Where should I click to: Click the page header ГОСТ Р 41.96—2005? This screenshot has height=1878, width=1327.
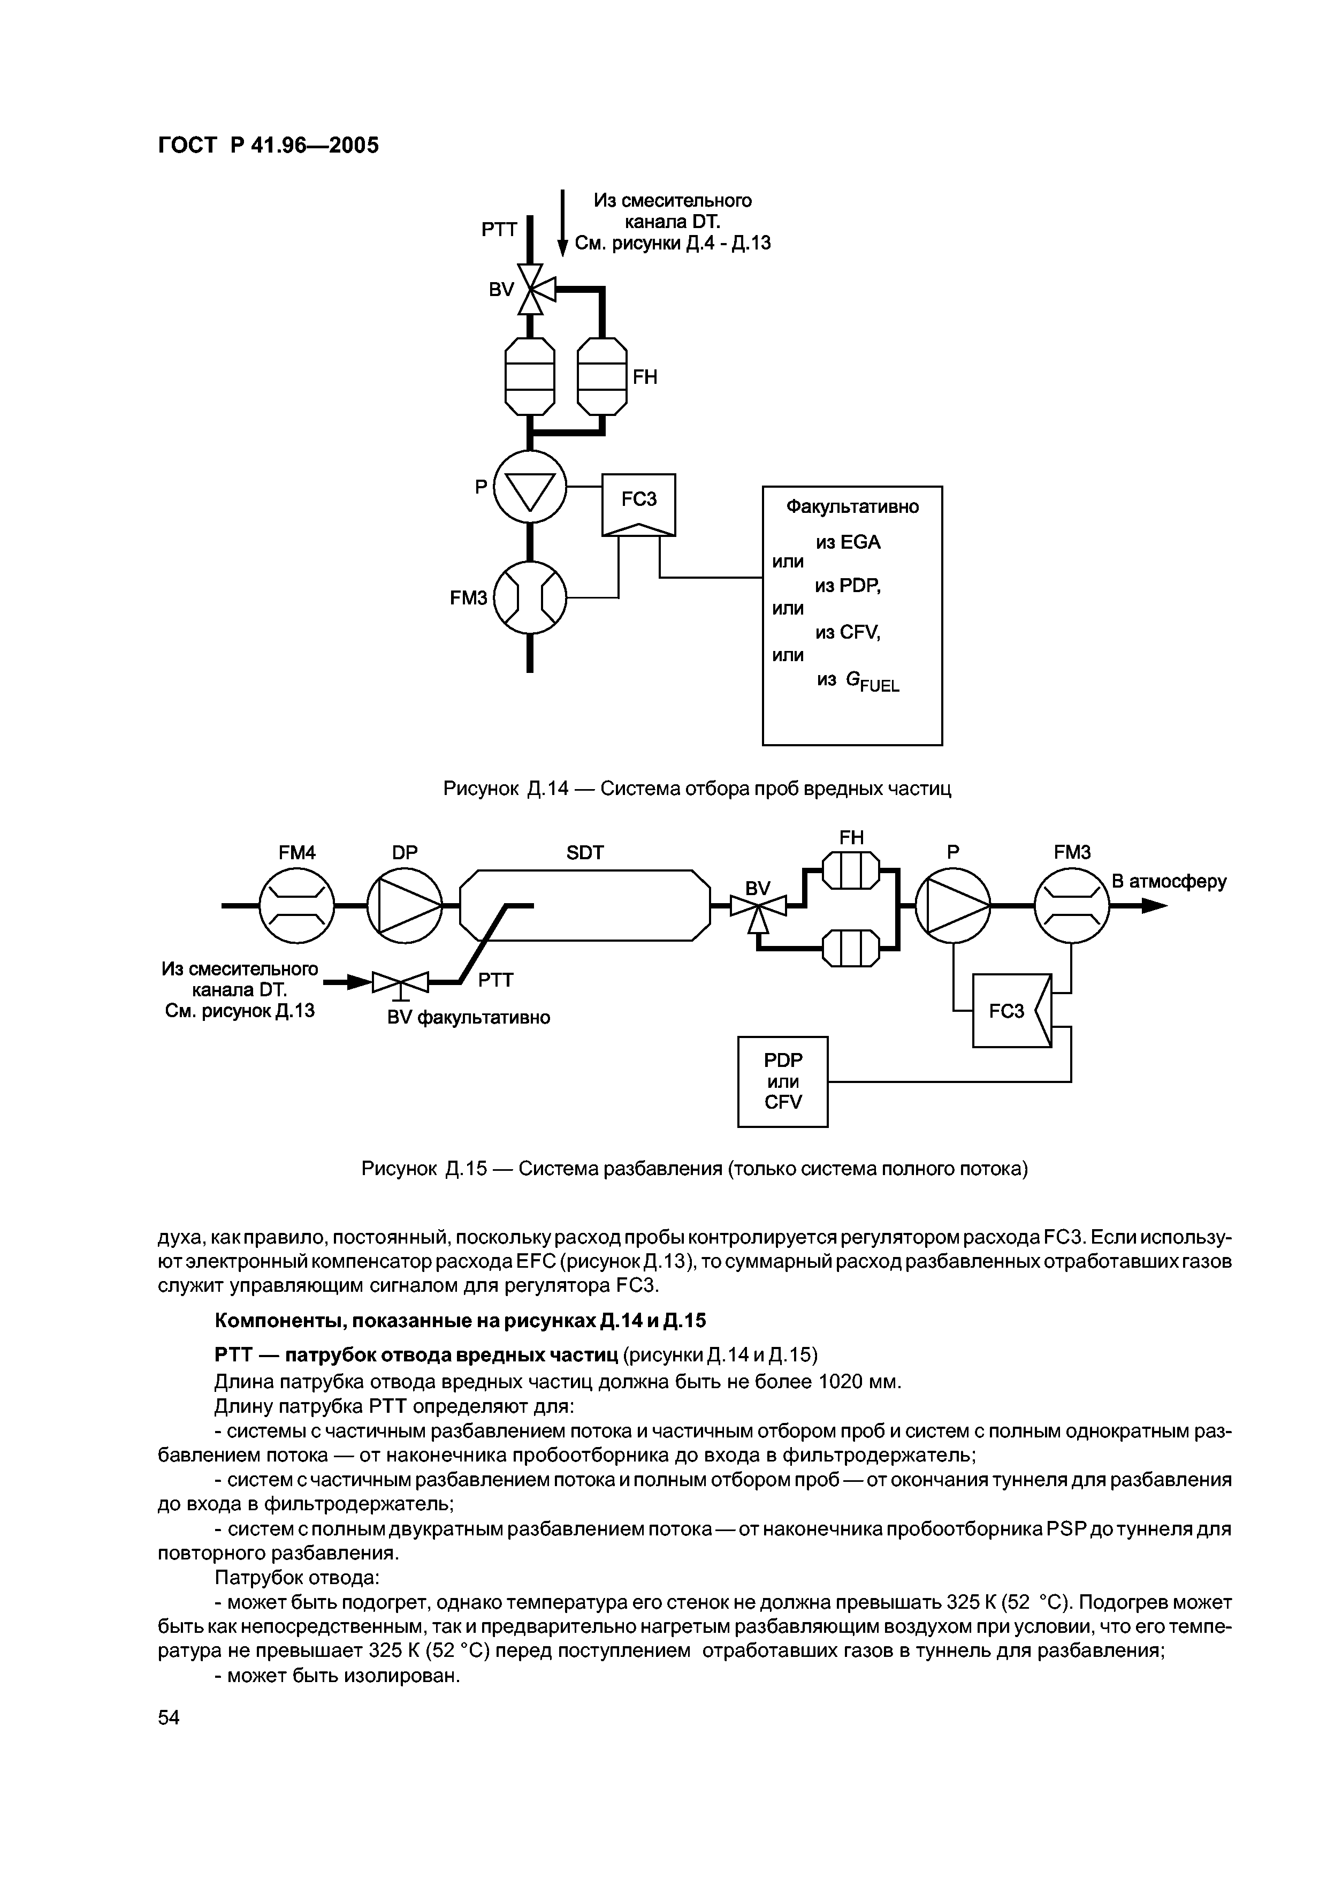click(x=268, y=146)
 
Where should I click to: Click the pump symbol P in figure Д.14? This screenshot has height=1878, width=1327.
click(x=530, y=487)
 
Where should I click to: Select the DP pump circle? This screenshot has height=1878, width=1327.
click(x=405, y=905)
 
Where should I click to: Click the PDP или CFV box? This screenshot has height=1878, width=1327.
click(x=782, y=1081)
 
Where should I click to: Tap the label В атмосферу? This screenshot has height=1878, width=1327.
click(x=1169, y=882)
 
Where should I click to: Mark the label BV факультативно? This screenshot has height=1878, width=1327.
click(x=469, y=1018)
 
